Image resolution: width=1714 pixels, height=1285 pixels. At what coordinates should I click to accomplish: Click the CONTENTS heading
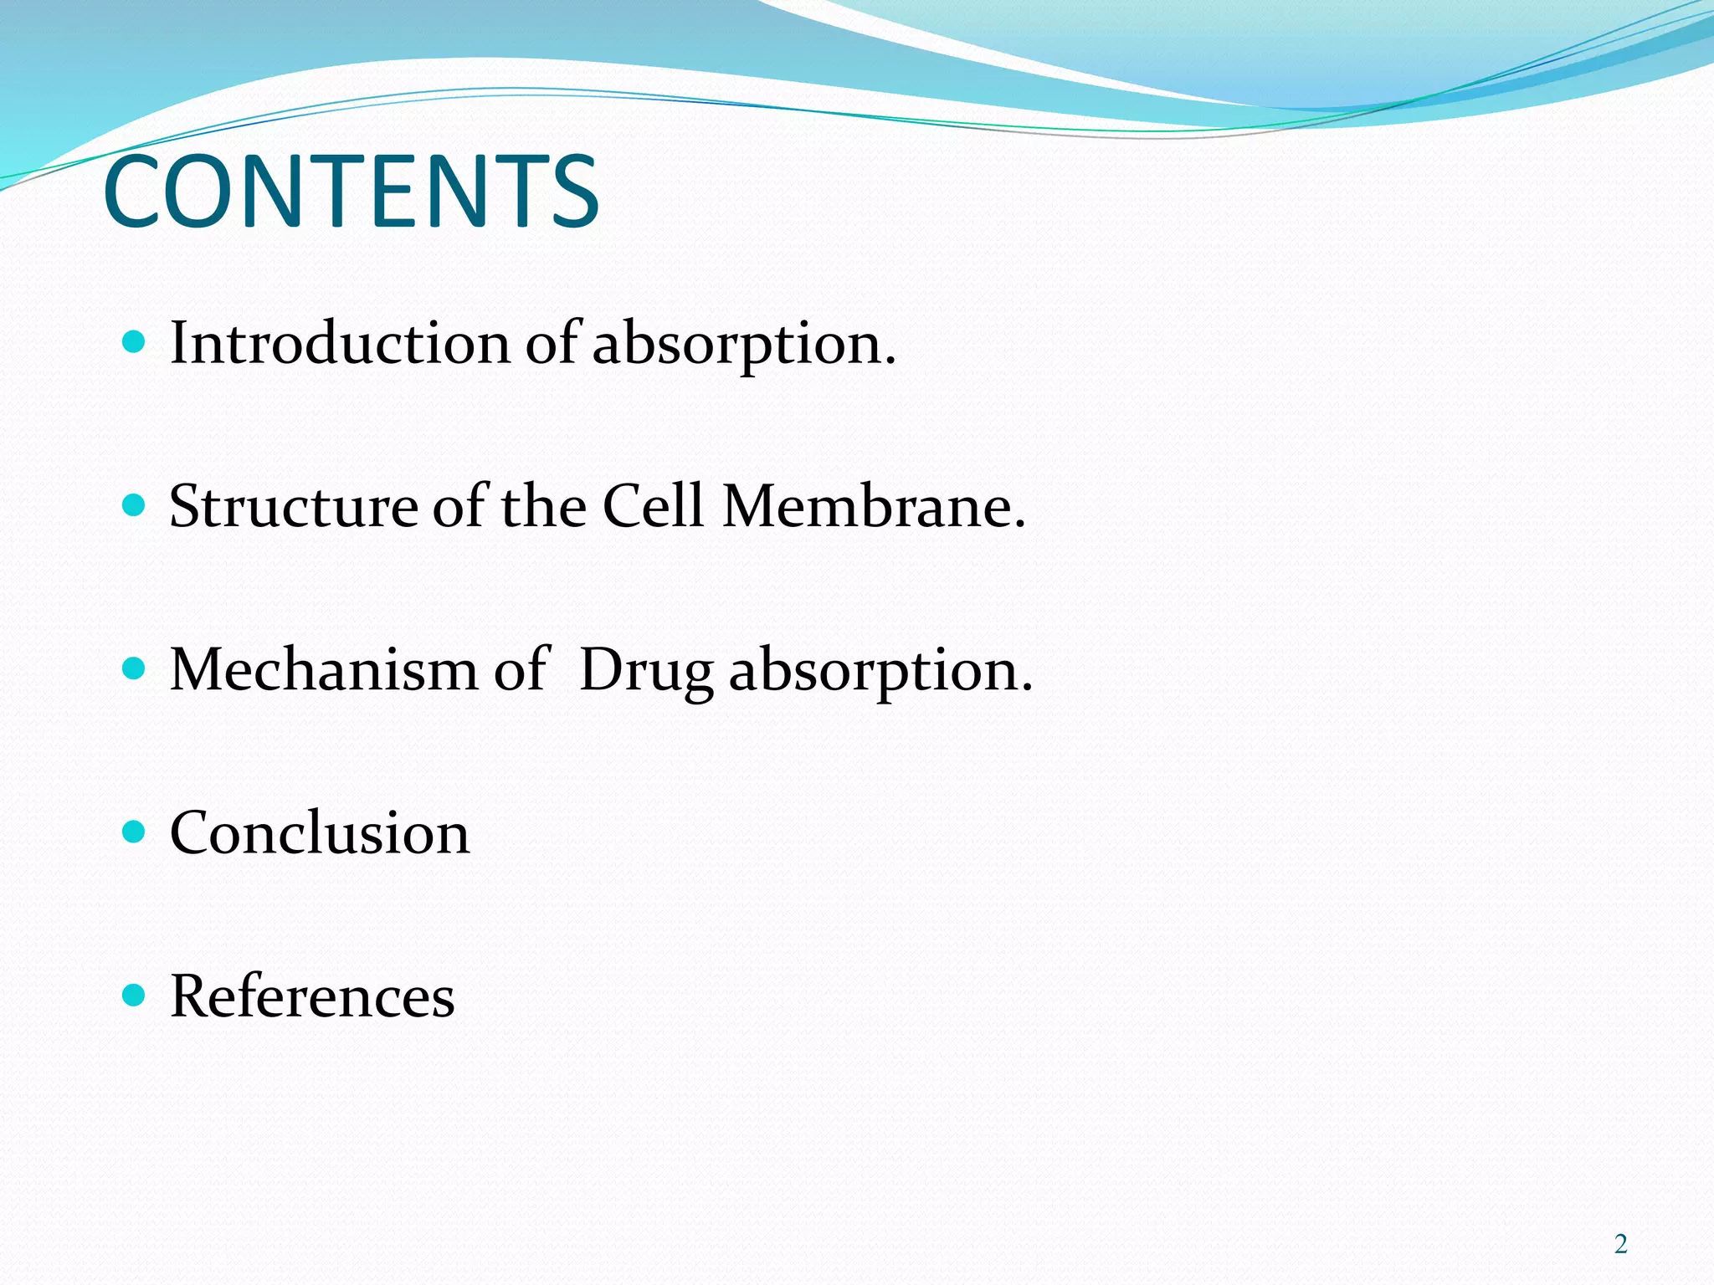pos(351,192)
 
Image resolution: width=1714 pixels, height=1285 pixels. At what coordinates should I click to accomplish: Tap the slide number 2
pos(1620,1244)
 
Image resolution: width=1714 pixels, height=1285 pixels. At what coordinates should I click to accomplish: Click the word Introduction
pos(340,343)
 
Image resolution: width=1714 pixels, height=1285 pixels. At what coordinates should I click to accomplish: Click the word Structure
pos(293,506)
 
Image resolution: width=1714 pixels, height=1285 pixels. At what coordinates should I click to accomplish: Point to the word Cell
pos(653,506)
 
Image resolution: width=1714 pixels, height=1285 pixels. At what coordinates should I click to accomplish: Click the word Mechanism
pos(323,669)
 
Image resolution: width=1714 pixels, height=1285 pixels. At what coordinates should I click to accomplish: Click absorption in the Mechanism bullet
pos(880,672)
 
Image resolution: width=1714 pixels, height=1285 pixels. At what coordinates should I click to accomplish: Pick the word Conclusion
pos(320,833)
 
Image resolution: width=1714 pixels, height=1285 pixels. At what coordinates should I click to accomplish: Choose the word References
pos(312,996)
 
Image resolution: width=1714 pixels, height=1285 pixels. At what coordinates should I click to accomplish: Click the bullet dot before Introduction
pos(134,341)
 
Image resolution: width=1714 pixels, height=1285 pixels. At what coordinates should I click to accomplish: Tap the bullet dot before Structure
pos(134,504)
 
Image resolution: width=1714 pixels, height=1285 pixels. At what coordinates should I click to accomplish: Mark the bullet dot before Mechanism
pos(134,668)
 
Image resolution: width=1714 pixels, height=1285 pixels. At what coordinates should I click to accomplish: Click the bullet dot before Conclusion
pos(134,832)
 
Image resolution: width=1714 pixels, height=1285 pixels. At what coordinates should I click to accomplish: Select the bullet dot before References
pos(134,995)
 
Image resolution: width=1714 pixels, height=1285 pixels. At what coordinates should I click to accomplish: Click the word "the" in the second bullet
pos(543,506)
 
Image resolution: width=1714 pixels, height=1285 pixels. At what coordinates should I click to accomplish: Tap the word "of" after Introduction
pos(552,343)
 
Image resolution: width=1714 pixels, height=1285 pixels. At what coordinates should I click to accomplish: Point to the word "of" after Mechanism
pos(521,669)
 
